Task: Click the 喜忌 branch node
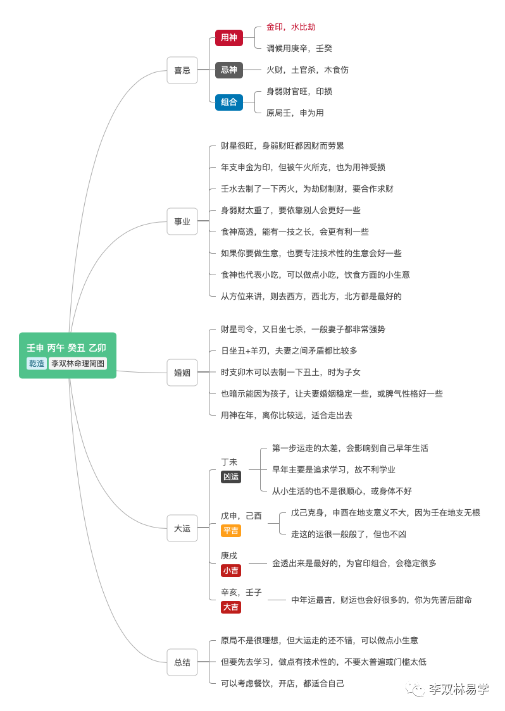pos(182,70)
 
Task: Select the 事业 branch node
pos(182,221)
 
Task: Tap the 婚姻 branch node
pos(182,373)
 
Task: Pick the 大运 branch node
pos(182,528)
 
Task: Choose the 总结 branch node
pos(182,662)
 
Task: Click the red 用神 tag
pos(228,38)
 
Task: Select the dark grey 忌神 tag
pos(228,70)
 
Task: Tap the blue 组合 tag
pos(228,102)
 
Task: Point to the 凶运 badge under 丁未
pos(231,477)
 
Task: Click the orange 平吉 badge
pos(231,531)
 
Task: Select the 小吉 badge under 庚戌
pos(231,571)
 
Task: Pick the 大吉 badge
pos(231,607)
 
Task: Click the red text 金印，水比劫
pos(291,27)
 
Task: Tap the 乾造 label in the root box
pos(37,364)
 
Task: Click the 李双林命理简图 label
pos(78,364)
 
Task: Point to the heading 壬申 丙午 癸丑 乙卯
pos(66,348)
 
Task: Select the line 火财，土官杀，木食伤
pos(308,70)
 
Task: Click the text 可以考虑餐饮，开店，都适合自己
pos(283,683)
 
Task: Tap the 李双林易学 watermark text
pos(458,689)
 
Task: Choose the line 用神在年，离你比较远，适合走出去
pos(287,415)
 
